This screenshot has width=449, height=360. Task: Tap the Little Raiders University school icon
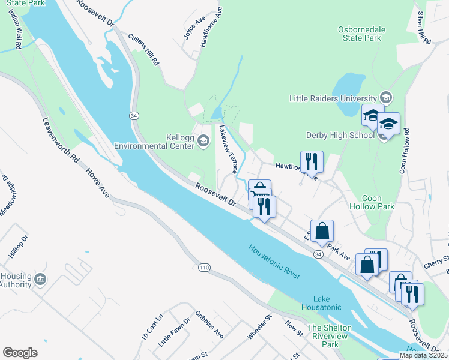coord(385,98)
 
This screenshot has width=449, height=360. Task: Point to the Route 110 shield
coord(201,266)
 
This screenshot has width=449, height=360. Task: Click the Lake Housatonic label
coord(327,303)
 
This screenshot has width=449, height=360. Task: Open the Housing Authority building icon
coord(40,279)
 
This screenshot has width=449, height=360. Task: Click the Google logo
coord(20,353)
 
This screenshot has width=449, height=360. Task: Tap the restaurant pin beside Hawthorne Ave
coord(312,161)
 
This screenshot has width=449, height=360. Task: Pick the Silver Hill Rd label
coord(424,28)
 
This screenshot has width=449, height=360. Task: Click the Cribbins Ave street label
coord(209,325)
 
